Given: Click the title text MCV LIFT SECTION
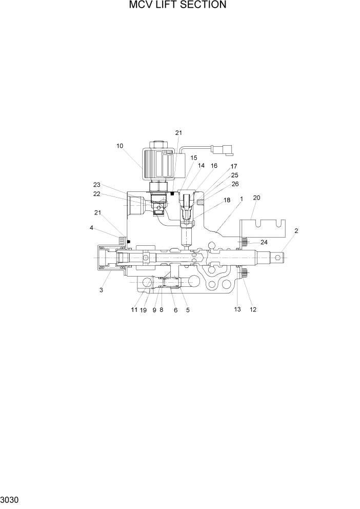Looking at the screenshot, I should click(x=178, y=6).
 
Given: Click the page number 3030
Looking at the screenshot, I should click(x=10, y=499).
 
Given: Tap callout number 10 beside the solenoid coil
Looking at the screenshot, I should click(x=119, y=146).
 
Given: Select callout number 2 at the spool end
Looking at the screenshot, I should click(x=296, y=231).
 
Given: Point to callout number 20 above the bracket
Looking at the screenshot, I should click(x=256, y=198).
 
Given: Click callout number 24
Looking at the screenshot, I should click(x=250, y=242).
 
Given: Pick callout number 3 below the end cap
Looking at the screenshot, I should click(x=102, y=290).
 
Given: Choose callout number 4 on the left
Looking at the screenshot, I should click(x=92, y=228).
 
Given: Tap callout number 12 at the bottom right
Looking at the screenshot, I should click(x=253, y=309).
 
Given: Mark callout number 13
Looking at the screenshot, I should click(x=237, y=309).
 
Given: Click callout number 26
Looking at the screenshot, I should click(x=235, y=184).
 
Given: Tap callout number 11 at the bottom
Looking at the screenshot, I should click(x=134, y=310).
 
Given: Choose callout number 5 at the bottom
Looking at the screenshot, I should click(x=188, y=310).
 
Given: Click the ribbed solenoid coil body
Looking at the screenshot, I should click(x=158, y=165).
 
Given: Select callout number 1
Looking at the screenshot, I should click(x=241, y=199).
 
